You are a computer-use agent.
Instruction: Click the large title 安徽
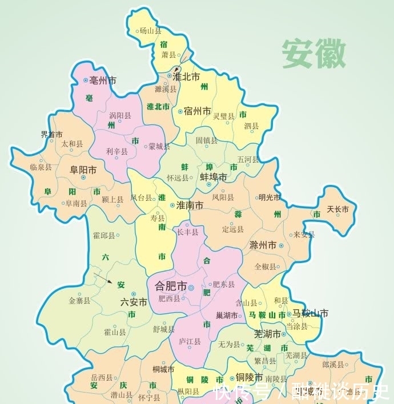(313, 55)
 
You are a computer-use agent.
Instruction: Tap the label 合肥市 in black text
(167, 285)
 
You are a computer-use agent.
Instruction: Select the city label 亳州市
(103, 81)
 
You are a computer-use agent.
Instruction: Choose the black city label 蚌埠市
(213, 177)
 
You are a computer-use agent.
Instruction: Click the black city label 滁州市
(263, 245)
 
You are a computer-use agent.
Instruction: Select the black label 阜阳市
(83, 170)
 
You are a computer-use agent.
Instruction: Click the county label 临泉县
(41, 167)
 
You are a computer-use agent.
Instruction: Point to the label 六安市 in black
(134, 302)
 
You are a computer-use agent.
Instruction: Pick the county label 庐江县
(190, 341)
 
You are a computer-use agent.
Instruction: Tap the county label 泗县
(251, 126)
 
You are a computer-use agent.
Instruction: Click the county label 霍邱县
(103, 235)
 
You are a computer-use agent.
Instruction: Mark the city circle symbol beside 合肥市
(191, 287)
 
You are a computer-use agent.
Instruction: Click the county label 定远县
(232, 229)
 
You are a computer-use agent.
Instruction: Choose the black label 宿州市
(198, 111)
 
